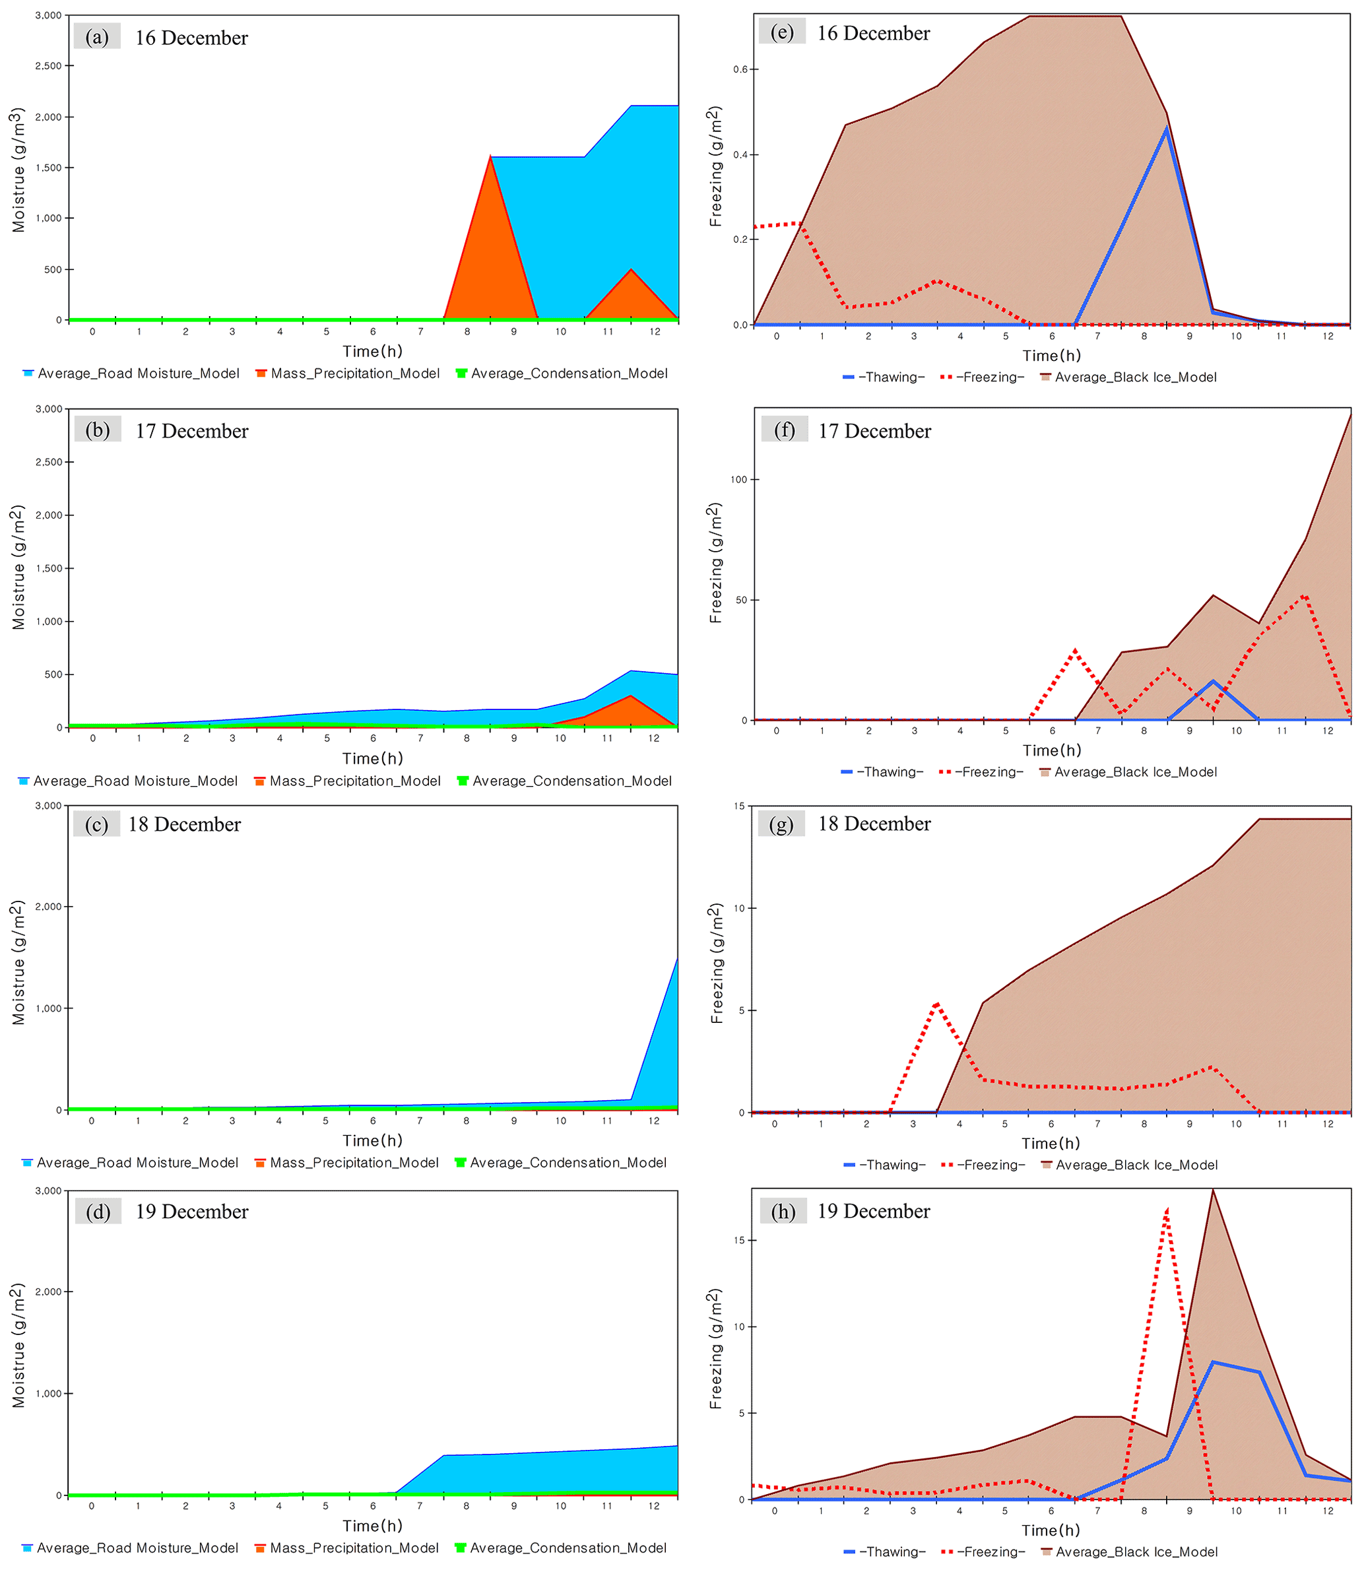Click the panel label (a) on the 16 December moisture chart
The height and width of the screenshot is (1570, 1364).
point(96,36)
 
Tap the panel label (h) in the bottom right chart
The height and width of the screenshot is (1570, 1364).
point(783,1211)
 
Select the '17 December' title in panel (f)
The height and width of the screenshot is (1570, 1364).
point(874,432)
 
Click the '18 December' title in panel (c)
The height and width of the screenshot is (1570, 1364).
point(184,824)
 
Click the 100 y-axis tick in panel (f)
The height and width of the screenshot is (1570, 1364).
point(738,480)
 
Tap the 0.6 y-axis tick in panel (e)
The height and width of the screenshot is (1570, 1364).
point(740,69)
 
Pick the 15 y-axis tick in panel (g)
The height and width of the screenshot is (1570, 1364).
point(739,806)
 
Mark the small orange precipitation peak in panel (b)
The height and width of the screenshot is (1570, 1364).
point(630,696)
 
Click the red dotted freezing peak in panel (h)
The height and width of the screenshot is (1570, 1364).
point(1166,1211)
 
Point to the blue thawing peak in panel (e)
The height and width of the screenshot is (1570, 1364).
point(1166,129)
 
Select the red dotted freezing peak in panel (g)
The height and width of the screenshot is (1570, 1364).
point(937,1004)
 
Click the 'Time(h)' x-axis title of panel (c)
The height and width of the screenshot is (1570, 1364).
point(372,1140)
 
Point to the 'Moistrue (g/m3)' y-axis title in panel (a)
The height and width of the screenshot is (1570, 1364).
point(18,170)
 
